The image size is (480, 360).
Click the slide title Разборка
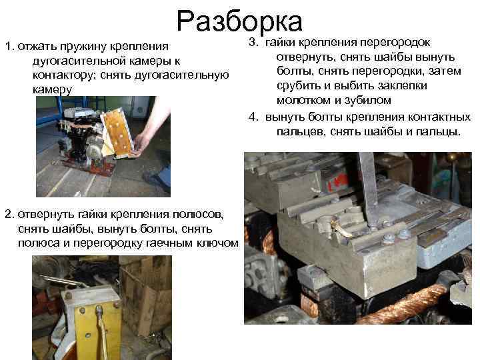tap(240, 21)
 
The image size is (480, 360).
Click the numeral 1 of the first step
tap(7, 47)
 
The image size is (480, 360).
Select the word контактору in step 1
tap(62, 75)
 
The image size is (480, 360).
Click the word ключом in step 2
tap(217, 243)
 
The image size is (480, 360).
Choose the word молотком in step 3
tap(301, 101)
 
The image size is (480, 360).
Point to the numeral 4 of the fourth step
tap(253, 117)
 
